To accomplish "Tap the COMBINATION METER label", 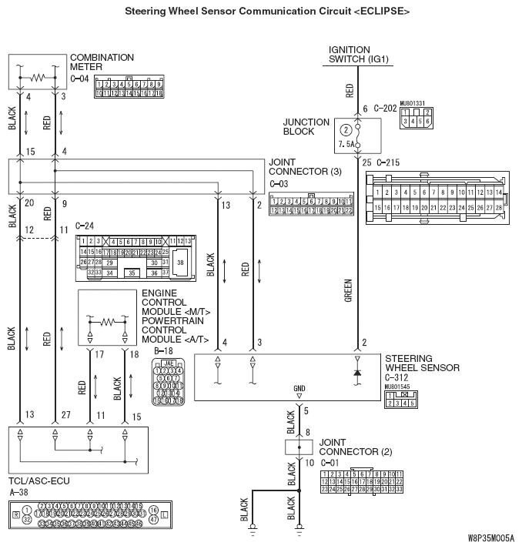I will pyautogui.click(x=102, y=62).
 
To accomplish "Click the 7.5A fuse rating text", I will pyautogui.click(x=346, y=144).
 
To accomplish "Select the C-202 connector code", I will pyautogui.click(x=385, y=109).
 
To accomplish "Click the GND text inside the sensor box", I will pyautogui.click(x=299, y=389).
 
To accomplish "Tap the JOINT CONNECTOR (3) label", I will pyautogui.click(x=304, y=167).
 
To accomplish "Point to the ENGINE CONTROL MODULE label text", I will pyautogui.click(x=176, y=303).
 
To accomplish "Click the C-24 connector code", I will pyautogui.click(x=85, y=226).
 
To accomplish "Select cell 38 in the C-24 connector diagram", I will pyautogui.click(x=180, y=262).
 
